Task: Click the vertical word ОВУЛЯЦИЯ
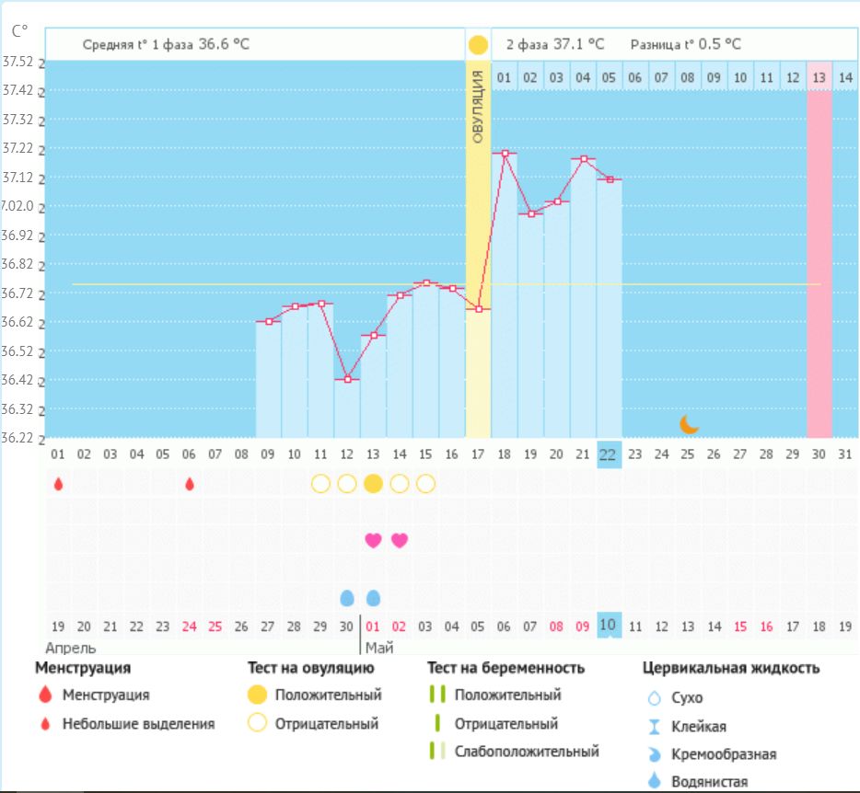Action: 478,106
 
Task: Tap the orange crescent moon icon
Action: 689,423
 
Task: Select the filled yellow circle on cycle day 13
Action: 373,484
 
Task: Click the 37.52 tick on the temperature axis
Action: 18,63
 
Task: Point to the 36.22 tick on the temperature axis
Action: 18,438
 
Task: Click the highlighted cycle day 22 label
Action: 609,454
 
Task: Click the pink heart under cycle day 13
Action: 373,540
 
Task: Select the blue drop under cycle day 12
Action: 347,598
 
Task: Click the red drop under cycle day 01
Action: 58,484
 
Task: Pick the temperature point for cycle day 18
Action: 505,153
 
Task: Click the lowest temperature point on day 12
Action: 347,379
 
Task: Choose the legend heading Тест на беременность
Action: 506,668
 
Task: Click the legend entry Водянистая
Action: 710,782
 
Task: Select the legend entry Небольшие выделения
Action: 138,724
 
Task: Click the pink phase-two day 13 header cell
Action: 819,78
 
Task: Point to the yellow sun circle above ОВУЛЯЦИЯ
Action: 478,45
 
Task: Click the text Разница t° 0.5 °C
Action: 685,44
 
